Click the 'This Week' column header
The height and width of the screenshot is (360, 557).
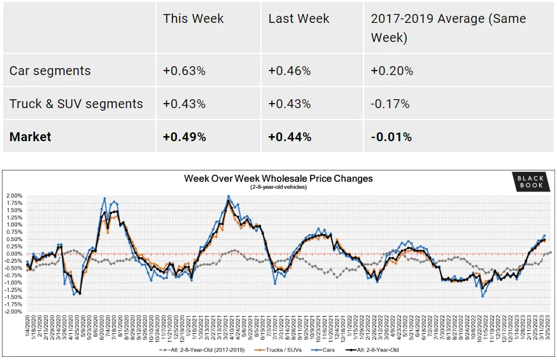coord(193,18)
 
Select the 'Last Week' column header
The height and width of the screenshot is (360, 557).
coord(299,18)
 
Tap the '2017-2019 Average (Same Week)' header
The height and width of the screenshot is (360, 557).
coord(448,28)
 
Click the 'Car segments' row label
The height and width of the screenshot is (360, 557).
coord(50,71)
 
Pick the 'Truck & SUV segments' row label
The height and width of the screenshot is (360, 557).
coord(76,104)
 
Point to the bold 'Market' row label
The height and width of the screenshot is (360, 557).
coord(31,137)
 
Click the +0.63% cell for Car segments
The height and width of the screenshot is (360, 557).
coord(184,71)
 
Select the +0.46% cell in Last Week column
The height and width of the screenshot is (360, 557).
coord(290,71)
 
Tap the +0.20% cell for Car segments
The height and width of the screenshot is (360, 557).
coord(392,71)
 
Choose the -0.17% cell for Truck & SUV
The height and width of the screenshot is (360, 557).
coord(390,104)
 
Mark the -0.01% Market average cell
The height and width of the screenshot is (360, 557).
coord(391,137)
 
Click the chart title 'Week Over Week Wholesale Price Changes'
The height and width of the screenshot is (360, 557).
coord(278,179)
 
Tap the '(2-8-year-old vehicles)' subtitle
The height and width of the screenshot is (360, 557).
coord(278,187)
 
